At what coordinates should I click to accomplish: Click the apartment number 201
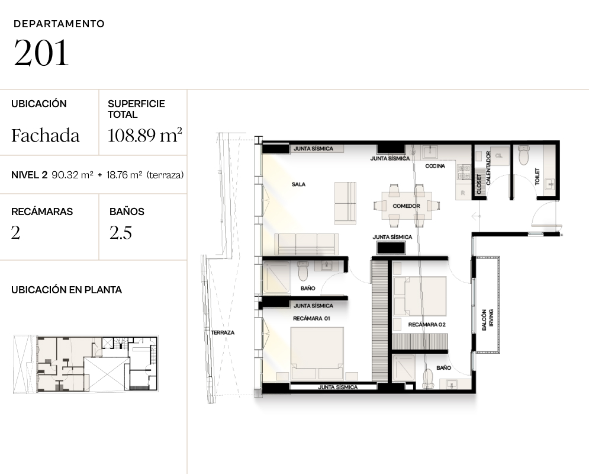point(41,53)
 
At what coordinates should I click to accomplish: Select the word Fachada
point(46,135)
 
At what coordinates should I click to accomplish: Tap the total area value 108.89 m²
point(145,135)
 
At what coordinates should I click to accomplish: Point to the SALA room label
point(298,184)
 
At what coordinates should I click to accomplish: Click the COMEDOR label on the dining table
point(407,206)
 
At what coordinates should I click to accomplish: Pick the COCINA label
point(435,166)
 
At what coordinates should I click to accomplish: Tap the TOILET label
point(537,177)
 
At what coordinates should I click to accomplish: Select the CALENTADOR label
point(488,168)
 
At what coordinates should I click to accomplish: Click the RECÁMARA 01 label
point(311,318)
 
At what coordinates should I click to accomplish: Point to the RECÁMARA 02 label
point(427,325)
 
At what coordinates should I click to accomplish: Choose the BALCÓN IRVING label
point(487,320)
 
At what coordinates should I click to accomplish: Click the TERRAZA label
point(223,332)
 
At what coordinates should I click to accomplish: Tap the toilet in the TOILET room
point(524,155)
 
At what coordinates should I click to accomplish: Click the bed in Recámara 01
point(317,353)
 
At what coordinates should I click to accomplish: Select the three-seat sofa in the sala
point(307,244)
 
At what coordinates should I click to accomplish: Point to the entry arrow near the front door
point(477,216)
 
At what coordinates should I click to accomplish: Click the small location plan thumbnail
point(86,364)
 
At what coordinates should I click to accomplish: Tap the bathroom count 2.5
point(121,233)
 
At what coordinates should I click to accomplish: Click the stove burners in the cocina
point(464,172)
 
